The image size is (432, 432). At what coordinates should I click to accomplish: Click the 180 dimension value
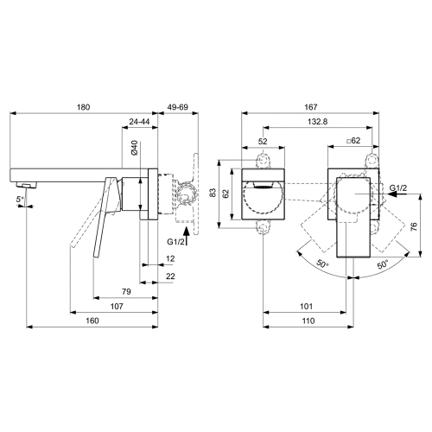[84, 108]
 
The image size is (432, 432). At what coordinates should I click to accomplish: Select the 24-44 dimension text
[143, 122]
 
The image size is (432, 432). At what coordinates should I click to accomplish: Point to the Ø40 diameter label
[134, 149]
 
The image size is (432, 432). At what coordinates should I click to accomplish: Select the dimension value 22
[170, 276]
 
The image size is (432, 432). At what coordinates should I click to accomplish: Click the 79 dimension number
[126, 291]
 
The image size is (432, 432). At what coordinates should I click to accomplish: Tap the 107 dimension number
[115, 306]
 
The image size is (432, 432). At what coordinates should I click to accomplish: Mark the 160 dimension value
[92, 321]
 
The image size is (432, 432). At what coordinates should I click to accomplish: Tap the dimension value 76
[414, 228]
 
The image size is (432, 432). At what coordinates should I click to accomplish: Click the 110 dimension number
[308, 321]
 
